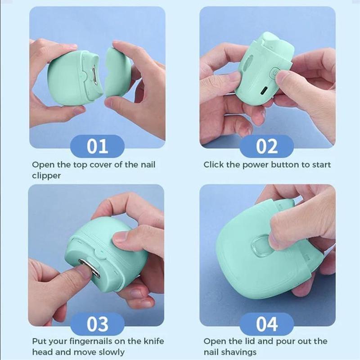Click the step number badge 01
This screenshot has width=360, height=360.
pyautogui.click(x=97, y=146)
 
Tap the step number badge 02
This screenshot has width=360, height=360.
pyautogui.click(x=267, y=146)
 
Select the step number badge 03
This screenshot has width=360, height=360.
pyautogui.click(x=97, y=324)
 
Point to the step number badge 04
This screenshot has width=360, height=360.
pyautogui.click(x=267, y=324)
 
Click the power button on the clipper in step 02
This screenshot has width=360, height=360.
pyautogui.click(x=274, y=74)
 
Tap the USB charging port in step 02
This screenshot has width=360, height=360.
pyautogui.click(x=264, y=91)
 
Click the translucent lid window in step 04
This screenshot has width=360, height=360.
pyautogui.click(x=261, y=246)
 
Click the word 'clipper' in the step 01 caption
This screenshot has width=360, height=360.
pyautogui.click(x=46, y=175)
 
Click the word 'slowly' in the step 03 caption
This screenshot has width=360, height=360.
pyautogui.click(x=112, y=352)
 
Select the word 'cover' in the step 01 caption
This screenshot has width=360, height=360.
pyautogui.click(x=101, y=165)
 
